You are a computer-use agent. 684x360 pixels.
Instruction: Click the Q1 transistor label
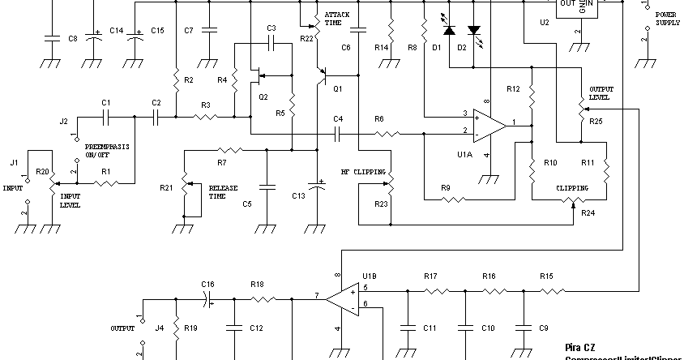[x=338, y=88]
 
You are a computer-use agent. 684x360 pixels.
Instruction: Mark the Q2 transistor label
[x=263, y=96]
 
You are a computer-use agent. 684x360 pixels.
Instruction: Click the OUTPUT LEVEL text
[x=601, y=92]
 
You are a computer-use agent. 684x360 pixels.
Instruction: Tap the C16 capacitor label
[x=207, y=284]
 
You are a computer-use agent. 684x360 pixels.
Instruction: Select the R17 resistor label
[x=430, y=276]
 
